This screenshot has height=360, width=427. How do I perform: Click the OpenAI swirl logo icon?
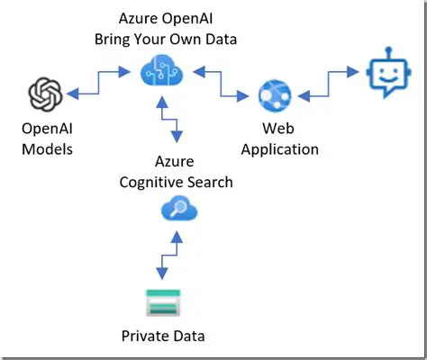point(44,94)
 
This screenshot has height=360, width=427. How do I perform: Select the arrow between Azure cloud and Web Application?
point(219,81)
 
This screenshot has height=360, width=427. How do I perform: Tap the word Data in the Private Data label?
point(188,337)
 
